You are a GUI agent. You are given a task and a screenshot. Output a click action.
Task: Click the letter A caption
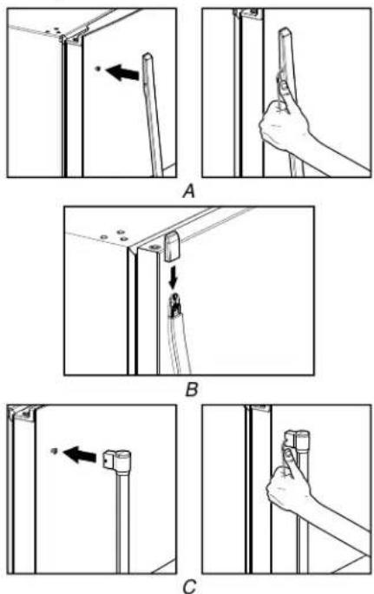188,191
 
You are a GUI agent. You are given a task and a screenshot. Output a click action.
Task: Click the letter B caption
192,389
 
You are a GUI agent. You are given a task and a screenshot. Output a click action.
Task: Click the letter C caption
190,586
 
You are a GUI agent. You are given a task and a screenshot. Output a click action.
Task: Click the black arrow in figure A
121,72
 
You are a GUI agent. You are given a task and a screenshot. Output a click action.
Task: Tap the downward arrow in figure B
174,280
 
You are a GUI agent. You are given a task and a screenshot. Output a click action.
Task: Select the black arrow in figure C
79,454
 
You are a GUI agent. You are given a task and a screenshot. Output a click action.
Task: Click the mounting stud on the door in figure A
98,69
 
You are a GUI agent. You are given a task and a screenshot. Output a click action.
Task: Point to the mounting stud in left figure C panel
54,451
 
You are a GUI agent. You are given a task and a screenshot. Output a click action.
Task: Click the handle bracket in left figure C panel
117,460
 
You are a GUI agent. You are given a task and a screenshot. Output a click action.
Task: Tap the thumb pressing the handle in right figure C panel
289,458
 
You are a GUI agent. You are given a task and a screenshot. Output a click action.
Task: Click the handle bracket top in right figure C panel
297,439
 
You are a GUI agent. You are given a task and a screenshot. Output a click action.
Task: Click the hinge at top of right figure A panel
246,13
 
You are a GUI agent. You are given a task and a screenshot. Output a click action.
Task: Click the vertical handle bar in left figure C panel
122,522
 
